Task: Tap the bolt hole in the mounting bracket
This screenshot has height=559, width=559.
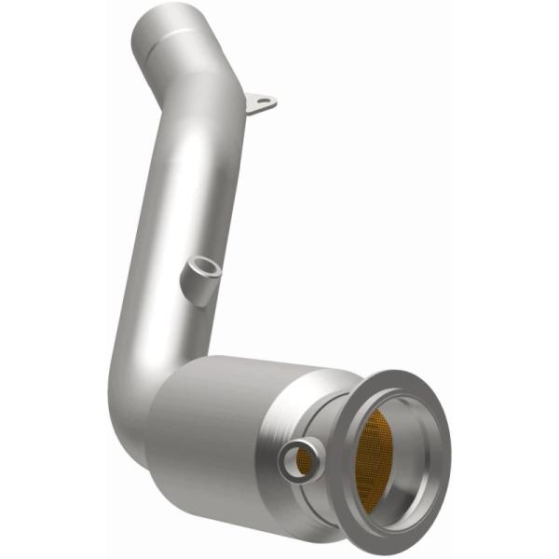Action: coord(264,101)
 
